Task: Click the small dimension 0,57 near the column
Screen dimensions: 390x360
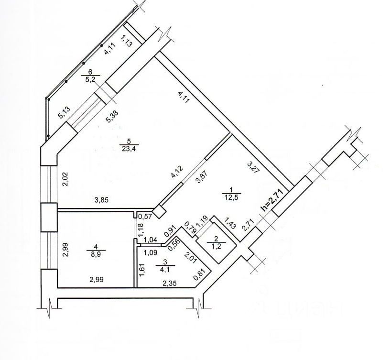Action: [x=142, y=217]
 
